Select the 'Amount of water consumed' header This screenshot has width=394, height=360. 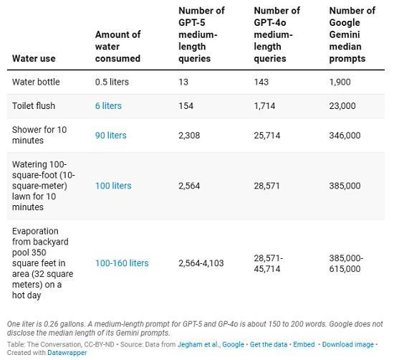[117, 46]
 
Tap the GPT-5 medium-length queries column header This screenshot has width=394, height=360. [201, 34]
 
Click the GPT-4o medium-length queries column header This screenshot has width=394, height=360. [277, 34]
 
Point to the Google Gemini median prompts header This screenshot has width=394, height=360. [352, 34]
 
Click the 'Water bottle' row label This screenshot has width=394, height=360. [36, 82]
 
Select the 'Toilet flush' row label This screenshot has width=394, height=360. [34, 105]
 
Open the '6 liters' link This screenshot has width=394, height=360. [108, 105]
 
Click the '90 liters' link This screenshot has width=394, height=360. [110, 135]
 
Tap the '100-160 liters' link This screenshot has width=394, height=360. [122, 263]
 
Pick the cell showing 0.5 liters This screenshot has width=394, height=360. [112, 82]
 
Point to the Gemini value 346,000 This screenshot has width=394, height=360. [345, 135]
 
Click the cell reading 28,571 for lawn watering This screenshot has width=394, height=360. [267, 186]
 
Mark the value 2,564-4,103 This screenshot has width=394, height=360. [201, 263]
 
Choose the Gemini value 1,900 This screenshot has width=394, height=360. [340, 82]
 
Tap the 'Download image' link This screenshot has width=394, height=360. [347, 344]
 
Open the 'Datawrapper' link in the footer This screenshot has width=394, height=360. [67, 353]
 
